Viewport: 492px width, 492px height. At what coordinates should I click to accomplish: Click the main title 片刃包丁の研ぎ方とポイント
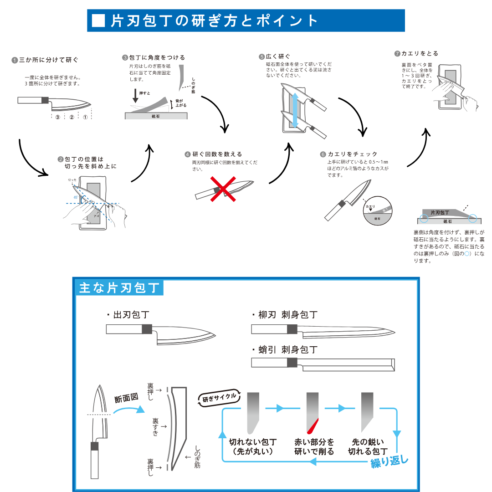coord(214,20)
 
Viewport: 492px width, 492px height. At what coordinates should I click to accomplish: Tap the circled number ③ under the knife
coord(58,117)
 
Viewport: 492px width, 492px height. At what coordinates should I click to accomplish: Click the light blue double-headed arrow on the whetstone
coord(295,110)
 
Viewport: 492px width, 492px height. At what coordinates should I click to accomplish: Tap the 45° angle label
coord(76,197)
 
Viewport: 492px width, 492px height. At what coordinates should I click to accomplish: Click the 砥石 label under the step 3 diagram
coord(156,117)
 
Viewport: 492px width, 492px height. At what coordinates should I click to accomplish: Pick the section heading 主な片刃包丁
coord(119,288)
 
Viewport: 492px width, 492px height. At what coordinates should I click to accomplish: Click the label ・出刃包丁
coord(128,315)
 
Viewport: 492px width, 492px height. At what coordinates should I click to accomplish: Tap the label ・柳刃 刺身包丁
coord(285,315)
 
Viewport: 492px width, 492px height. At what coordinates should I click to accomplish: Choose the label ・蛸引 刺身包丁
coord(285,350)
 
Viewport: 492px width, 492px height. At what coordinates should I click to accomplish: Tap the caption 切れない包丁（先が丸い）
coord(252,446)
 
